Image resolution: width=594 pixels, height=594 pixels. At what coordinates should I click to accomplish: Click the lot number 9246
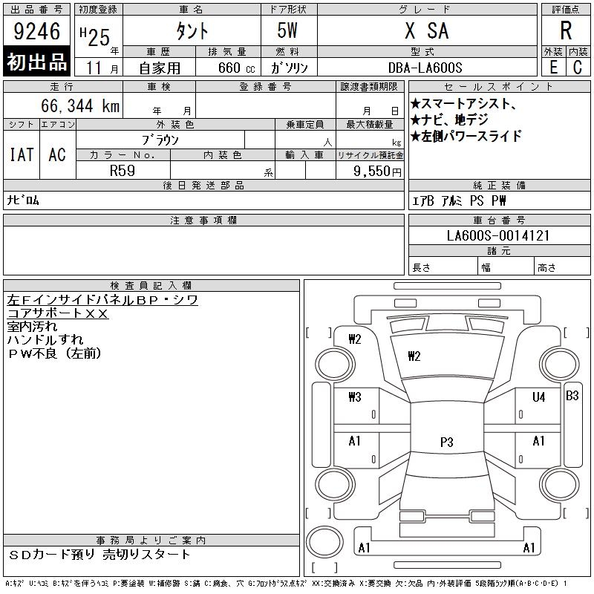click(x=36, y=31)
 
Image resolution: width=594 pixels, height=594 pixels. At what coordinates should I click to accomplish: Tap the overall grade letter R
click(x=566, y=30)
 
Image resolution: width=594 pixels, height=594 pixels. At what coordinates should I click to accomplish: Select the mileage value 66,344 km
click(x=80, y=105)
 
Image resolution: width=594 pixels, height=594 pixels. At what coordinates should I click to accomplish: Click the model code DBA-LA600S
click(x=425, y=68)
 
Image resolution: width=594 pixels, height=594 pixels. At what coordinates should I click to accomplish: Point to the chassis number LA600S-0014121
click(x=498, y=235)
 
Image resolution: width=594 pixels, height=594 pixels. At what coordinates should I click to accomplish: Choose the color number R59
click(x=123, y=171)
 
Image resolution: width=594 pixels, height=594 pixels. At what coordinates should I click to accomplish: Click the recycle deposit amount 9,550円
click(x=377, y=172)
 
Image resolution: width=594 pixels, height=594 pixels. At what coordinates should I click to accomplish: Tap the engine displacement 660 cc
click(x=236, y=68)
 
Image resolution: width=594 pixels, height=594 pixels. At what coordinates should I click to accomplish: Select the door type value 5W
click(x=287, y=30)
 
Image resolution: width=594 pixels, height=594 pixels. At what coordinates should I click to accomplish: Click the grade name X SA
click(x=426, y=30)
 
